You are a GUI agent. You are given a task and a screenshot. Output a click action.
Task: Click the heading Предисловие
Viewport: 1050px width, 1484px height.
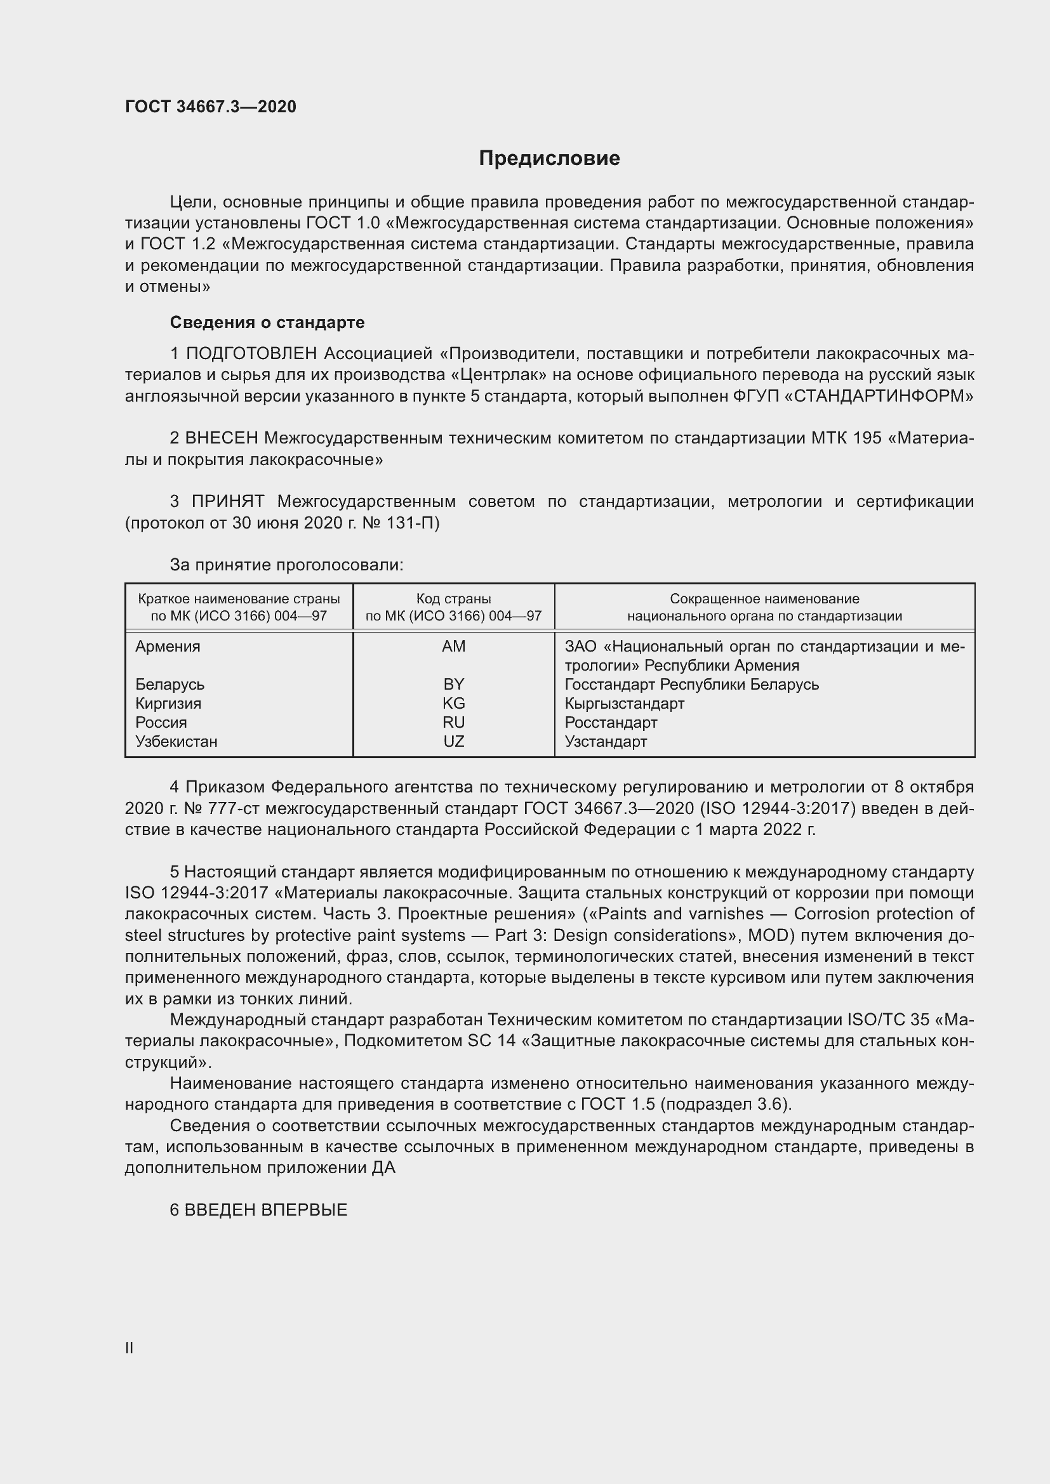[549, 159]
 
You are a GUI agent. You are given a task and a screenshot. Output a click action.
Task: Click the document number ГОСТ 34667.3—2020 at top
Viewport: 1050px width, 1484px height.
[211, 107]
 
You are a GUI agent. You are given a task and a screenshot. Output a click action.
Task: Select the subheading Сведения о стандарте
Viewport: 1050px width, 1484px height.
[267, 322]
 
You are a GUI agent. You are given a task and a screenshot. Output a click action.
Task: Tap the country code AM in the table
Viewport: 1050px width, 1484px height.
[453, 647]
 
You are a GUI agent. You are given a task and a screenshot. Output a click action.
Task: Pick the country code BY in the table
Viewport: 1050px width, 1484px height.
[453, 684]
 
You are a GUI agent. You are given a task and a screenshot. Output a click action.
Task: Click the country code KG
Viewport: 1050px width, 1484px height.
[453, 703]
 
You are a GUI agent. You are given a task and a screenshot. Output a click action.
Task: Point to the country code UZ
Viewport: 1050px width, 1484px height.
[453, 741]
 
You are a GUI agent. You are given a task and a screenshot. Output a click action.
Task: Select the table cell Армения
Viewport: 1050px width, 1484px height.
[168, 647]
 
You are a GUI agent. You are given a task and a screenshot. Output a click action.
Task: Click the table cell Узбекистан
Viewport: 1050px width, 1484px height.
[176, 741]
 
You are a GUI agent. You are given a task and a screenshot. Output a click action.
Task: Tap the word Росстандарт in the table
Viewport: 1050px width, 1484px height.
[610, 722]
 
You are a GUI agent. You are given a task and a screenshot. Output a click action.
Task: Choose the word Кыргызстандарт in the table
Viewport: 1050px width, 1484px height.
[624, 703]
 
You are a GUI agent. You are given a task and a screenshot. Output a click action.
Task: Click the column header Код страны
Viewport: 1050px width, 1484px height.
[453, 599]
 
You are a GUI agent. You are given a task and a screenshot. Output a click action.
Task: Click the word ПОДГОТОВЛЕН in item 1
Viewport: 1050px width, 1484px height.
[251, 353]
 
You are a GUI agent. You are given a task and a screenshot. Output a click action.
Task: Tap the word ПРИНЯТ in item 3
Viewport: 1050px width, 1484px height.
[228, 502]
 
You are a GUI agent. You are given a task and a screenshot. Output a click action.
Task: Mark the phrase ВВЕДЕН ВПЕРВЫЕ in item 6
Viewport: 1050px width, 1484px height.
[266, 1210]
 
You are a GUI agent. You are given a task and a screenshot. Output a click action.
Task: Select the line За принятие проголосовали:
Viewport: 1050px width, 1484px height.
[286, 565]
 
